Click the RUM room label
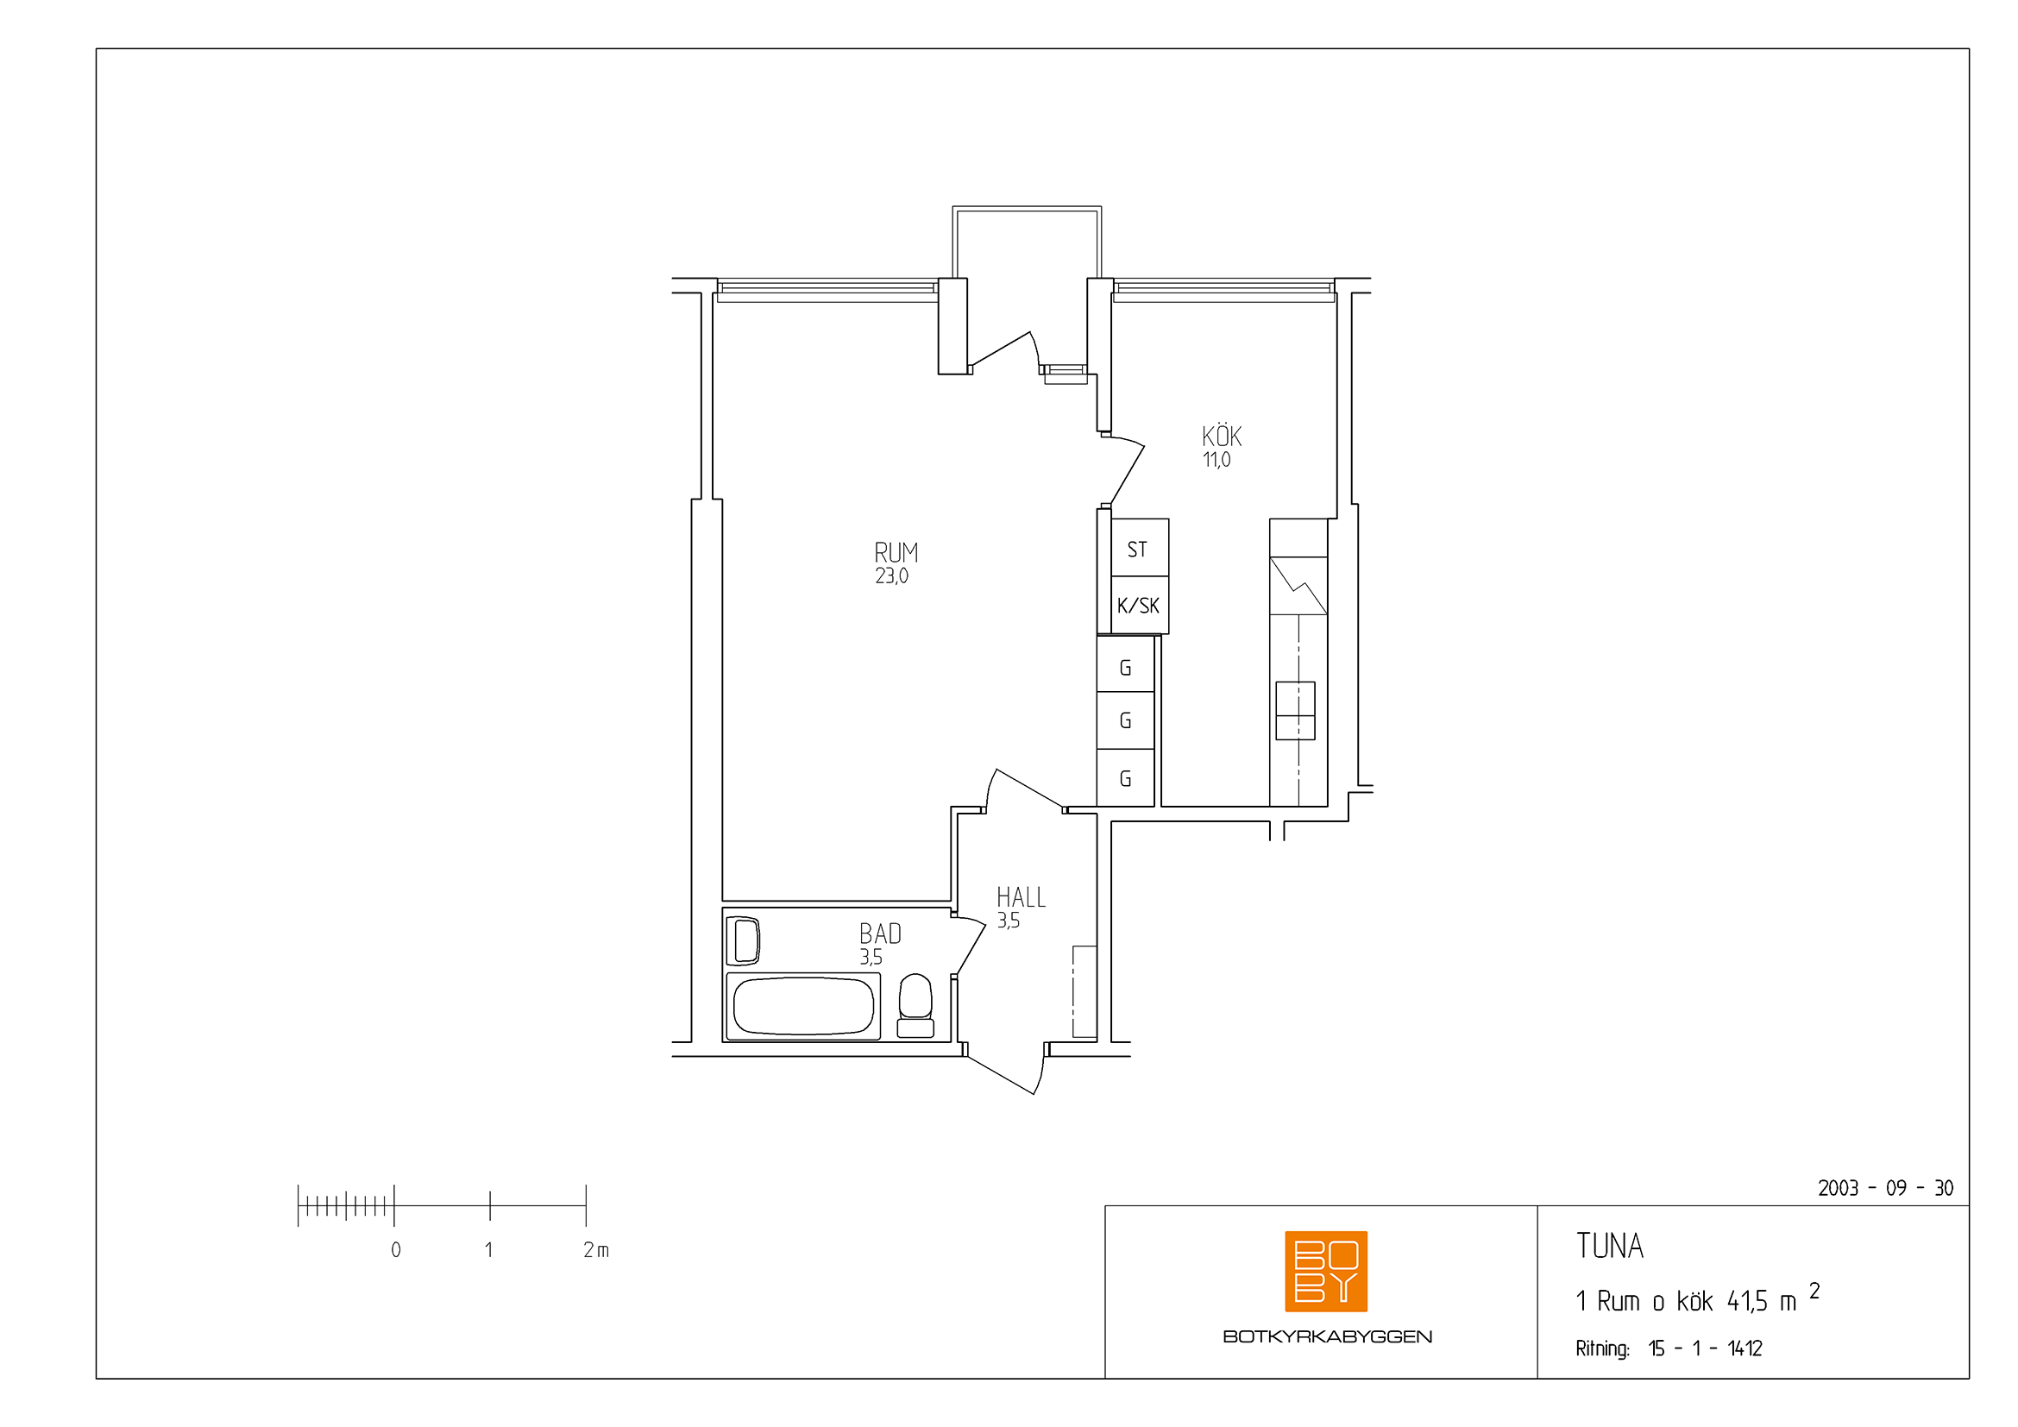(896, 553)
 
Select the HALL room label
(1021, 897)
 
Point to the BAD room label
(880, 934)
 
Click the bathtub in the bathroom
(803, 1006)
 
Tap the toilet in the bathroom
(915, 1005)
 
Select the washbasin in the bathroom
(744, 940)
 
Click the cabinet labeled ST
(1139, 548)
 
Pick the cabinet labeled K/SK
(1139, 605)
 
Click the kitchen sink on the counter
(1295, 711)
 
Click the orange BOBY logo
(1325, 1272)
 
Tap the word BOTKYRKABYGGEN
(1327, 1336)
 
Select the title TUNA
(1609, 1246)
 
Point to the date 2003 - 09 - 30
(1885, 1188)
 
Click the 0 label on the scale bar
(396, 1249)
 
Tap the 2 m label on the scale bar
(596, 1249)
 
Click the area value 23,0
(891, 576)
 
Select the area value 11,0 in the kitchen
(1216, 460)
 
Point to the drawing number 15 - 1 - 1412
(1705, 1348)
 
